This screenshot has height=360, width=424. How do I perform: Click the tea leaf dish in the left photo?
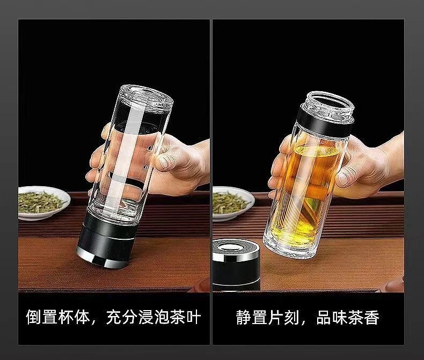[x=44, y=202]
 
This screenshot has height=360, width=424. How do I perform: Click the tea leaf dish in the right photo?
[x=233, y=203]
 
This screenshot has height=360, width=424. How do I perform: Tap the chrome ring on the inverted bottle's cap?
[x=101, y=259]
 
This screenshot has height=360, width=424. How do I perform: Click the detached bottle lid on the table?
[x=236, y=265]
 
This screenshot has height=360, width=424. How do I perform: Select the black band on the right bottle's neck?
[x=324, y=121]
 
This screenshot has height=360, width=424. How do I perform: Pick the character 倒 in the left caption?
[x=34, y=317]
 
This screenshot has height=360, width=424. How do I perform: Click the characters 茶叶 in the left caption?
[x=185, y=317]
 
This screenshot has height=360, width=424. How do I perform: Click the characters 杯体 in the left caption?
[x=74, y=317]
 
